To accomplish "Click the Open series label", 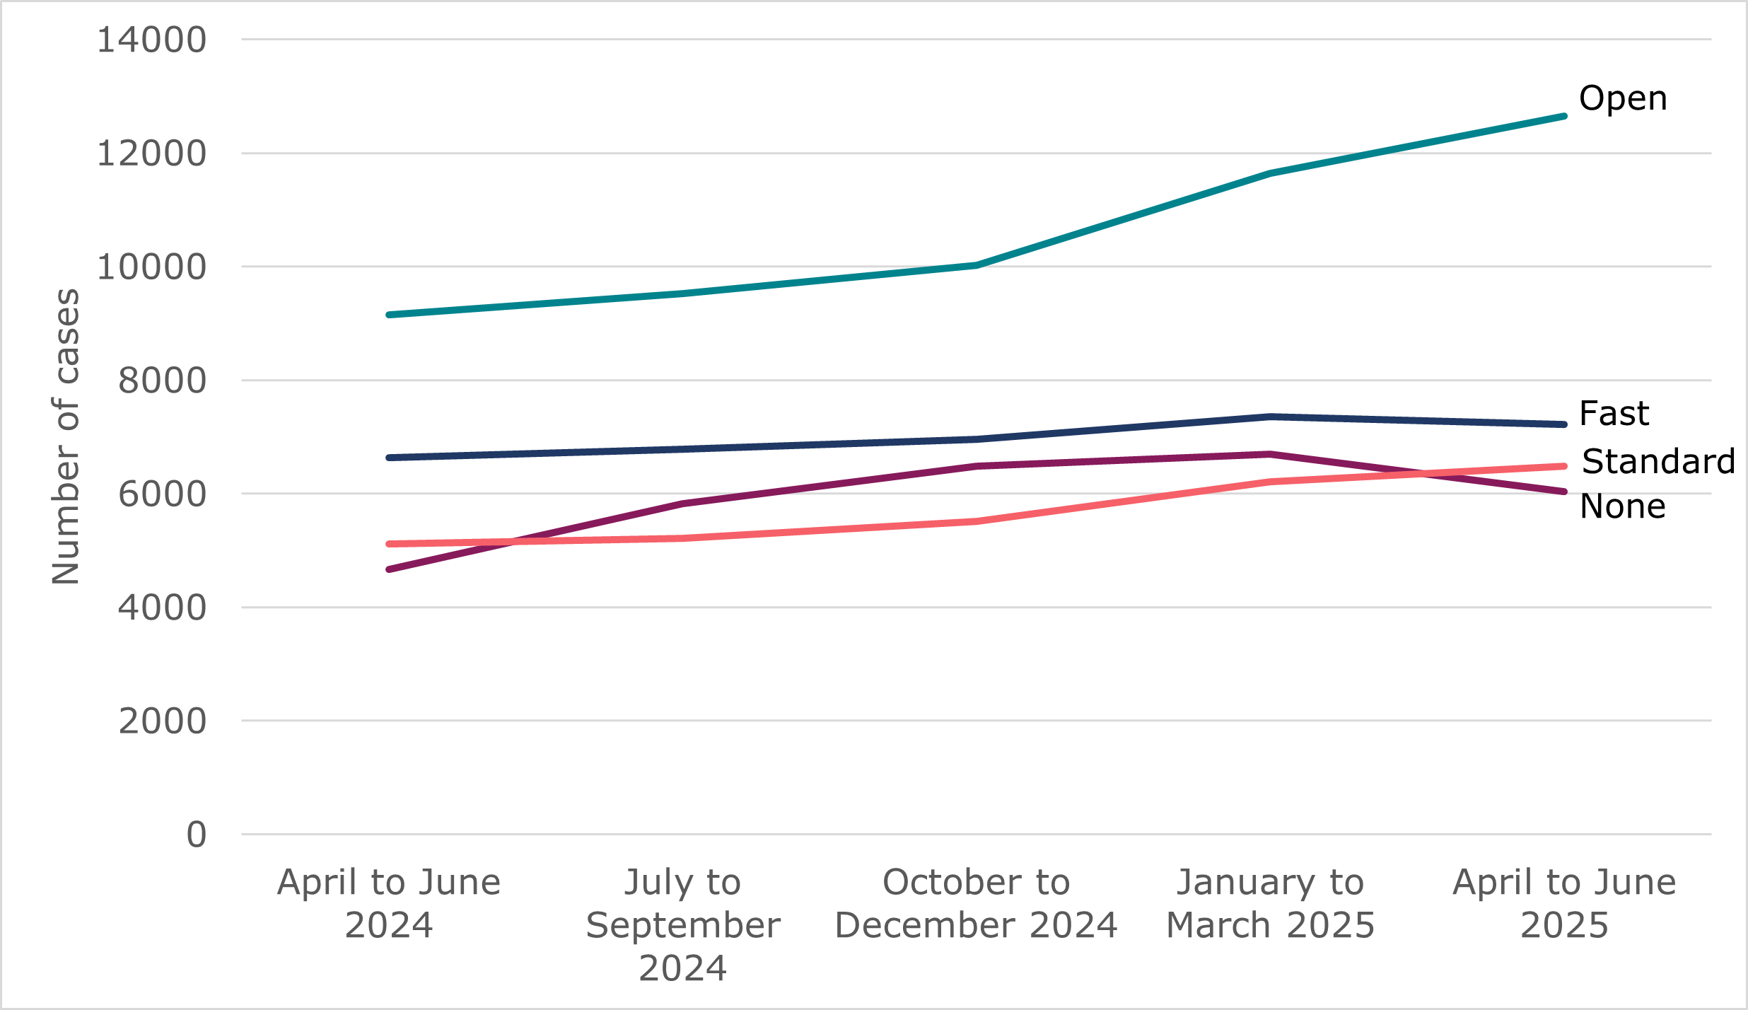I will click(1623, 99).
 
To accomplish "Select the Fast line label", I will click(1614, 414).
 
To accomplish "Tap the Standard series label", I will click(1658, 462).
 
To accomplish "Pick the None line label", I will click(1623, 507).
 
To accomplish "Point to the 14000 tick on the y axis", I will click(151, 40).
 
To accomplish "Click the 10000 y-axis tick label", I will click(151, 268).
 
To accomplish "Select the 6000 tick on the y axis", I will click(162, 494).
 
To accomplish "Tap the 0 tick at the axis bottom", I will click(196, 835).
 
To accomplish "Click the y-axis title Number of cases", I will click(66, 436).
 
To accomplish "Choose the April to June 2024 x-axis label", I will click(389, 904).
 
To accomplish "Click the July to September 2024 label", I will click(682, 925).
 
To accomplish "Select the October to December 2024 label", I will click(976, 904).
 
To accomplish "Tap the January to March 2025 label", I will click(1270, 904).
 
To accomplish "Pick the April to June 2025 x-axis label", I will click(1564, 904).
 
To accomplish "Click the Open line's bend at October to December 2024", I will click(976, 265).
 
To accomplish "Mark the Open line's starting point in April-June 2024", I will click(390, 315).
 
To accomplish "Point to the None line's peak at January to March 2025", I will click(1271, 454).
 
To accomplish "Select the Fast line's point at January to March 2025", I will click(1271, 417).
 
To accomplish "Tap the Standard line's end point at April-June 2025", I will click(1563, 466).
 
